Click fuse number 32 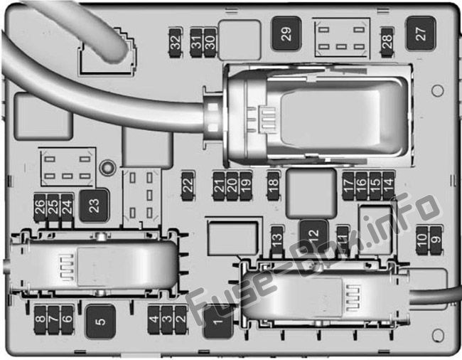(x=176, y=43)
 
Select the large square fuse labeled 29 (x=286, y=33)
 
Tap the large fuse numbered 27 (x=421, y=33)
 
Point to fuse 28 (x=387, y=43)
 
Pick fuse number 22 (x=188, y=186)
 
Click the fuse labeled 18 (x=273, y=186)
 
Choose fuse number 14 (x=389, y=186)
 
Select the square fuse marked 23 (x=95, y=206)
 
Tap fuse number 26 (x=40, y=208)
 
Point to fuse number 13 (x=277, y=240)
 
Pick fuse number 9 (x=436, y=240)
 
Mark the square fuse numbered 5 (x=100, y=322)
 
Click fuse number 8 (x=40, y=320)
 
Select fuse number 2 (x=181, y=320)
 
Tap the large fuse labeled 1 (x=218, y=322)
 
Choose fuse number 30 (x=210, y=43)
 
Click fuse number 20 (x=232, y=186)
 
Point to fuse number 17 (x=348, y=186)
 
